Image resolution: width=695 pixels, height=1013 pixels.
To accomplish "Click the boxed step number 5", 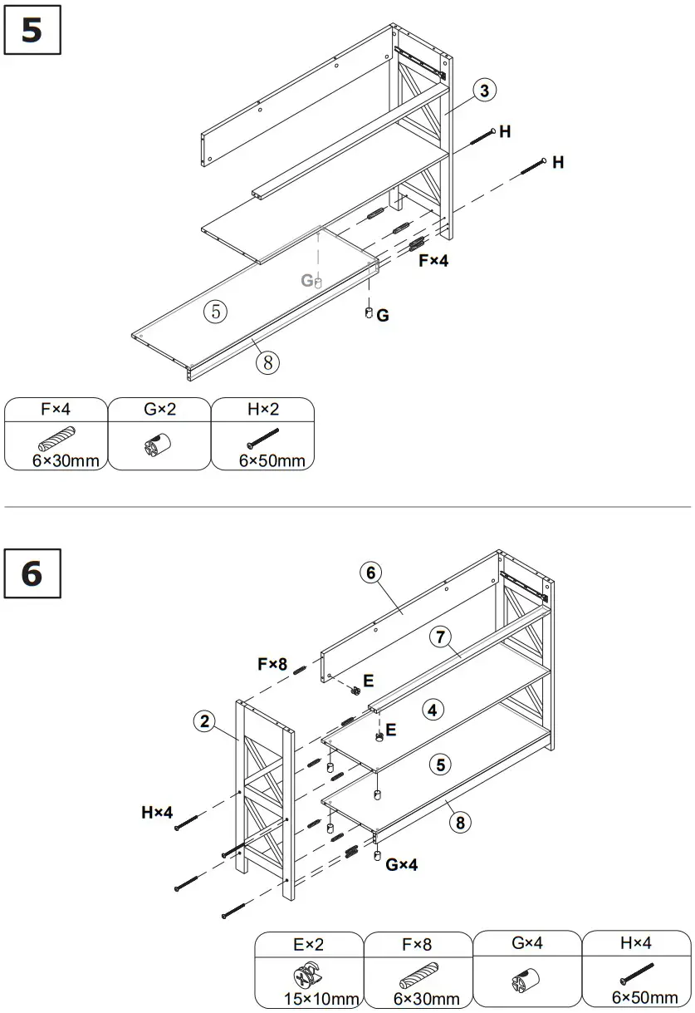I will pos(32,32).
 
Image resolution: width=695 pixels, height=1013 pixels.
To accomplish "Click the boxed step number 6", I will pos(32,573).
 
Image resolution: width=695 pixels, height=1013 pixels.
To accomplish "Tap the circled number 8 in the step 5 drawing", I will pos(267,361).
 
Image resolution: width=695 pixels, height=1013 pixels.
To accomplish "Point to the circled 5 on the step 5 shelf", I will pos(215,311).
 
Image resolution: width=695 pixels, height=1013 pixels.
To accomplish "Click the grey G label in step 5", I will pos(307,281).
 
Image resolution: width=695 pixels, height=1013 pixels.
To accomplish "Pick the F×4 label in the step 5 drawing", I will pos(433,260).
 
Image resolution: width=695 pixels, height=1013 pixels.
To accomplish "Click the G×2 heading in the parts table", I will pos(160,409).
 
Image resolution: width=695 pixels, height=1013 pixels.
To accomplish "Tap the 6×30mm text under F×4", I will pos(60,460).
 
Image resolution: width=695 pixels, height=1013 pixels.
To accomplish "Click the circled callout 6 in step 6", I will pos(370,572).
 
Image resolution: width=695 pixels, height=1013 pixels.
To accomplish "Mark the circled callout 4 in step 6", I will pos(432,710).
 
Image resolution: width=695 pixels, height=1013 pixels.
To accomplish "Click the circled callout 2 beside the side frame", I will pos(204,721).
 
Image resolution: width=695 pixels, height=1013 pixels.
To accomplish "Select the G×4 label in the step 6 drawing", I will pos(402,865).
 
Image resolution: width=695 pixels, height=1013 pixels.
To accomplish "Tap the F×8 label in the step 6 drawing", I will pos(272,664).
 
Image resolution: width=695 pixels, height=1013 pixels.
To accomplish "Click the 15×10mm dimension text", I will pos(309,998).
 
